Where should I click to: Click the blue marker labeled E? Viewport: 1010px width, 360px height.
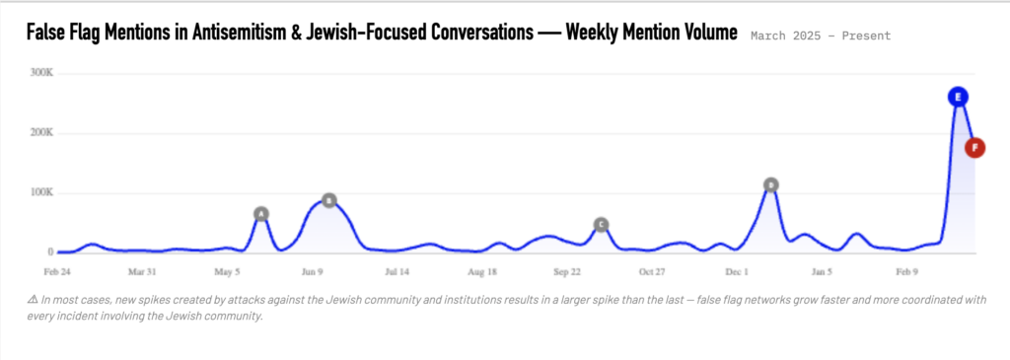click(x=957, y=97)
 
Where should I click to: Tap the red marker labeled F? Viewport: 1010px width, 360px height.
click(x=974, y=148)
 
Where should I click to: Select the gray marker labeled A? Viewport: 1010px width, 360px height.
click(x=261, y=214)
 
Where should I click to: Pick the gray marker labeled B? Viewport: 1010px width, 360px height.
click(x=329, y=200)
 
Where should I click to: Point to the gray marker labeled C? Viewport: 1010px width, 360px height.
click(x=601, y=225)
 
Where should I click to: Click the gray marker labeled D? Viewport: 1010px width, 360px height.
click(x=770, y=184)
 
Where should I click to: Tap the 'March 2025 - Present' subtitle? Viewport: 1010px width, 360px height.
click(x=821, y=36)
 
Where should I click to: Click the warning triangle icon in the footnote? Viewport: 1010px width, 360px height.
click(x=33, y=300)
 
